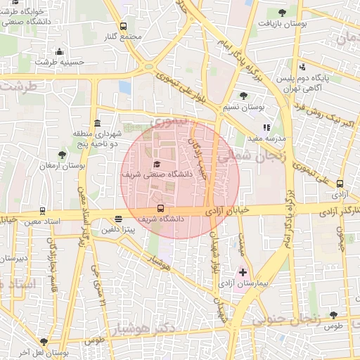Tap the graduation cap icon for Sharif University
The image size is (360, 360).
[156, 164]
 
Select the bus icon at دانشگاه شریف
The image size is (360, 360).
[161, 208]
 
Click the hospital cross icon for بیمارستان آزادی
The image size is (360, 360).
[243, 271]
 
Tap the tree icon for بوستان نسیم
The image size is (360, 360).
[243, 96]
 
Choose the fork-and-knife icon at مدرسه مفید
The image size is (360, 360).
[266, 127]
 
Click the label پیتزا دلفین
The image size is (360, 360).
[118, 229]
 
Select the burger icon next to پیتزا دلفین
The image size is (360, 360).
[118, 219]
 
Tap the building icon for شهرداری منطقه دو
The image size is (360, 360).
[97, 124]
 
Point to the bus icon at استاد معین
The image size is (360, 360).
[43, 210]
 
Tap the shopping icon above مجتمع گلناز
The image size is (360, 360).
[124, 25]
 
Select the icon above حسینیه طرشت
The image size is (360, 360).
[60, 51]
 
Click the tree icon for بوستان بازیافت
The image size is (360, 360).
[282, 12]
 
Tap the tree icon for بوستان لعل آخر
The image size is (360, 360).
[44, 341]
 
